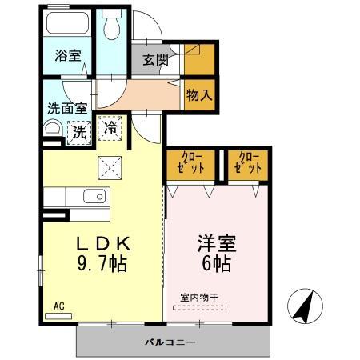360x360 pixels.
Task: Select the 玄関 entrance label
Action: coord(155,60)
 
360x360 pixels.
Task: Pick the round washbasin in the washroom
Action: coord(52,129)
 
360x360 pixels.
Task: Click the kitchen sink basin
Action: coord(94,195)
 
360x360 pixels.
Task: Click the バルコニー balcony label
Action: coord(170,342)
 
